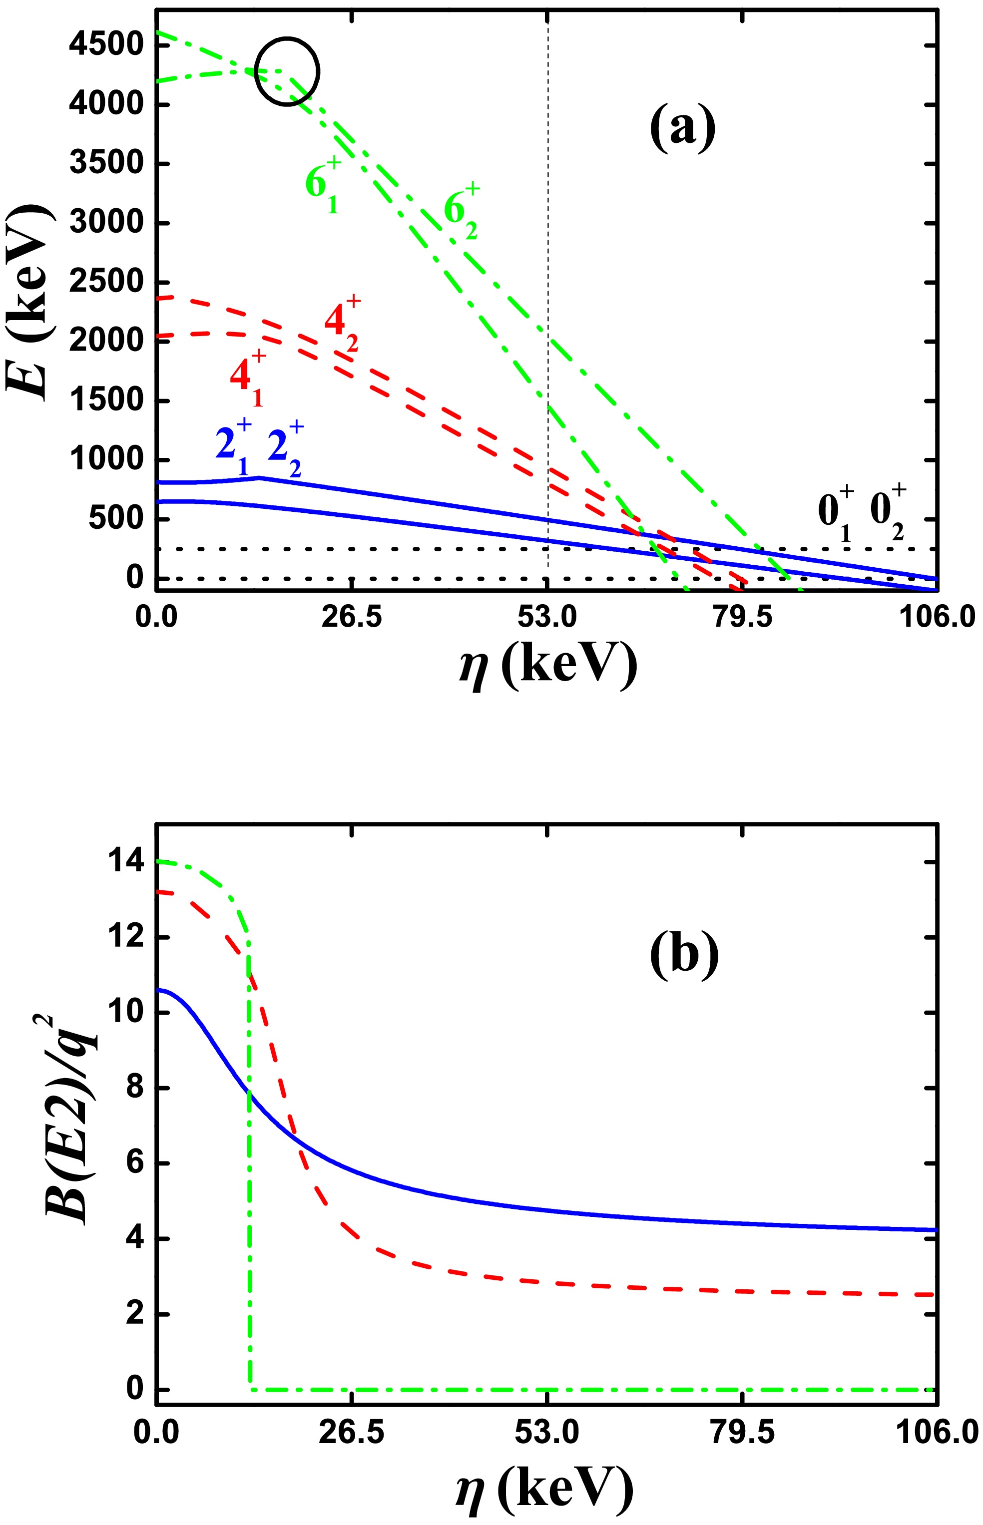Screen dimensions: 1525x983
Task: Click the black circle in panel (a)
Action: pos(287,71)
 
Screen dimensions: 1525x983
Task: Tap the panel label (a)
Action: pos(682,127)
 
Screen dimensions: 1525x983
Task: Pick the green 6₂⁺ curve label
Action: pos(463,213)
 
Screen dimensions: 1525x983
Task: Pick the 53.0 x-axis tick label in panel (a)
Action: pos(547,618)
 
